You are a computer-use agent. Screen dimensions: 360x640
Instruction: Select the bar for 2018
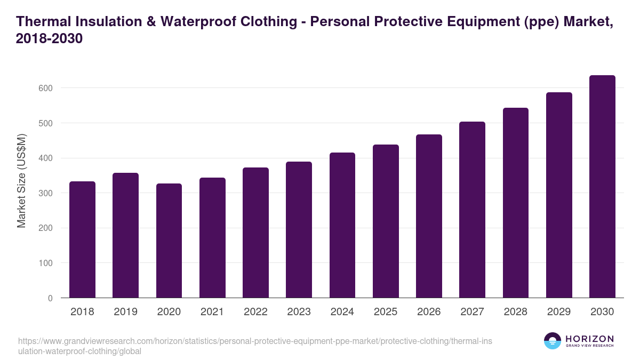(x=82, y=239)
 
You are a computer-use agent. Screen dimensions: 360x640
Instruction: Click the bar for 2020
(x=169, y=241)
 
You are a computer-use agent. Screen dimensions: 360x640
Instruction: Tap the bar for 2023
(x=299, y=230)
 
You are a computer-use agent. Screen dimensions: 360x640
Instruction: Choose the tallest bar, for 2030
(x=602, y=187)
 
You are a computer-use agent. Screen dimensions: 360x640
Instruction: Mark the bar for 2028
(x=515, y=203)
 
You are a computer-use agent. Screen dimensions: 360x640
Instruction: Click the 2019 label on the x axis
(x=125, y=312)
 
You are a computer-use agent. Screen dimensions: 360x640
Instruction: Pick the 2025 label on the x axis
(x=386, y=312)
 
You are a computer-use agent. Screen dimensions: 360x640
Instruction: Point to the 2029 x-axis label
(x=559, y=312)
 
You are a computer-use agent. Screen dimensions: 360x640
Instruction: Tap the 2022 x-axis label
(x=255, y=312)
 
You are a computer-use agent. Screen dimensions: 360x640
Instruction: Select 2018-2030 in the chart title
(x=50, y=39)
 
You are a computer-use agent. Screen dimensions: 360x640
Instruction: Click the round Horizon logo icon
(x=553, y=341)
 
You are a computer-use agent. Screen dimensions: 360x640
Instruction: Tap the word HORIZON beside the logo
(x=590, y=339)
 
